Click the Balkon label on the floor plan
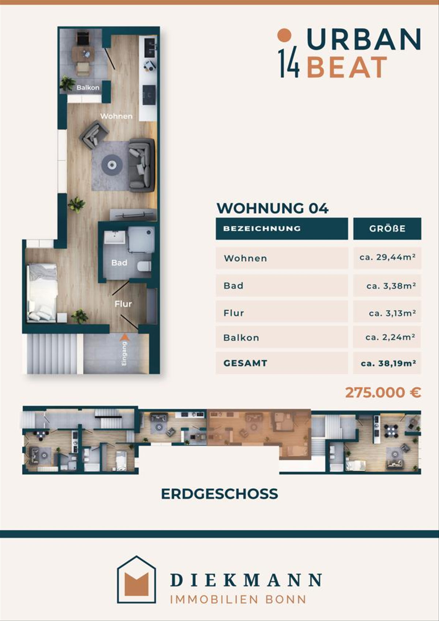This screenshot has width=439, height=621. tap(88, 88)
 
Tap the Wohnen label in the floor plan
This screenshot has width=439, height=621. tap(116, 116)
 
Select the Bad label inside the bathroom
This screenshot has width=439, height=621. tap(119, 263)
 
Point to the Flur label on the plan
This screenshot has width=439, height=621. tap(123, 304)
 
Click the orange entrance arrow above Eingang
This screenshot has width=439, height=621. tap(125, 337)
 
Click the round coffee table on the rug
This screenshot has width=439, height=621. tap(112, 165)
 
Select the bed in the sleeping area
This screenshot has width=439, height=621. tap(42, 293)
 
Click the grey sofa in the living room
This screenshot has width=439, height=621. tap(142, 165)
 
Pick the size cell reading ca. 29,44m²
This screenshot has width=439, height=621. tap(387, 258)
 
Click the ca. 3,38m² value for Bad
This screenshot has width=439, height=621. tap(391, 286)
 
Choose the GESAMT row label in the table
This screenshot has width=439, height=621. tap(245, 363)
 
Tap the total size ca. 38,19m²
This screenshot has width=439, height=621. tap(388, 363)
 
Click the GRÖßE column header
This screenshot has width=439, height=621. tap(387, 229)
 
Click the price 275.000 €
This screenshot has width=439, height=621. tap(383, 393)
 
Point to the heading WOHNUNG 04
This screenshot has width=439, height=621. tap(273, 208)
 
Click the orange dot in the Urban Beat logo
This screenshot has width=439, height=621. tap(285, 35)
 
